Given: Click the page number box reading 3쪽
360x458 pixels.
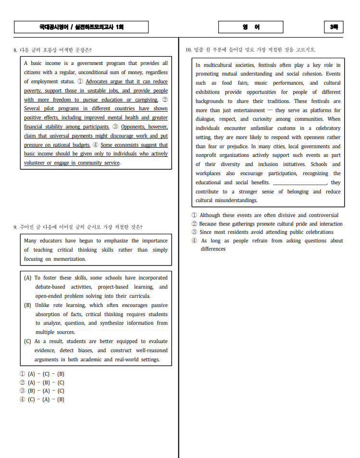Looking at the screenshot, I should (x=334, y=27).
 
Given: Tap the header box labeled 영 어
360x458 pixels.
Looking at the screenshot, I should (x=251, y=27).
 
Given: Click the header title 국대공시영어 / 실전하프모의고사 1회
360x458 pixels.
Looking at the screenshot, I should (x=81, y=27).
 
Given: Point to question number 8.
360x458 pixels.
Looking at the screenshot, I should (x=15, y=50).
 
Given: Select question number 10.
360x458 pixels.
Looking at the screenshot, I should (x=188, y=50).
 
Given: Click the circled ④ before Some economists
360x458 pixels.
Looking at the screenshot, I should (x=96, y=145).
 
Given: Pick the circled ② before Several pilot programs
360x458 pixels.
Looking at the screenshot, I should (x=164, y=100).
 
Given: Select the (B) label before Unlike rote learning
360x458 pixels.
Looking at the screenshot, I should (x=28, y=305).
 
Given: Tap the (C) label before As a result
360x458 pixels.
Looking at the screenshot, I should (x=28, y=341).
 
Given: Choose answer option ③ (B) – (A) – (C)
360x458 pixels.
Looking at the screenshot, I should (x=42, y=391).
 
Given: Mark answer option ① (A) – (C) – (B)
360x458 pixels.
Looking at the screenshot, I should (x=42, y=374).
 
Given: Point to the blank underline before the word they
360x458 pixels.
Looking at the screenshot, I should (x=300, y=183).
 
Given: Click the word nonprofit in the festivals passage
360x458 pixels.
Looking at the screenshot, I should (x=208, y=155).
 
